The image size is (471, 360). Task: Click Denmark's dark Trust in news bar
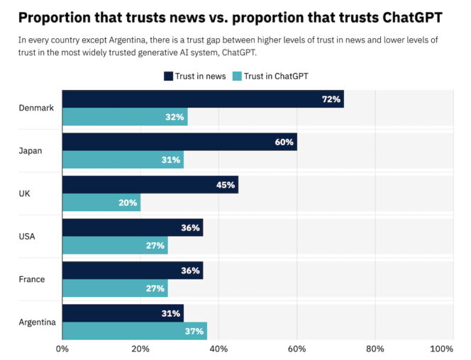202,99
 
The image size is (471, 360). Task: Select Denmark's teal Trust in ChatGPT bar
124,117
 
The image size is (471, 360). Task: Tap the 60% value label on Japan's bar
284,142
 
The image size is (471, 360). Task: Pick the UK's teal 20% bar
101,203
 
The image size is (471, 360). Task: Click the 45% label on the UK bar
226,185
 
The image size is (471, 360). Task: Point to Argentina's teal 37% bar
134,331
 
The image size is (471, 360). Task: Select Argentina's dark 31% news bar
122,313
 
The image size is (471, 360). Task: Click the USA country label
27,236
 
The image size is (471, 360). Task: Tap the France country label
31,279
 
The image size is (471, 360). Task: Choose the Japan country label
30,150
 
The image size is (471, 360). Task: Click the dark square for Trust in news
168,76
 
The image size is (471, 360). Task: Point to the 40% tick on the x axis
218,349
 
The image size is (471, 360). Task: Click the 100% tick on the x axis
441,349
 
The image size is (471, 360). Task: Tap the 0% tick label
62,349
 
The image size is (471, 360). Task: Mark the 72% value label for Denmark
331,99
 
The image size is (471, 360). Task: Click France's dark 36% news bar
132,270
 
